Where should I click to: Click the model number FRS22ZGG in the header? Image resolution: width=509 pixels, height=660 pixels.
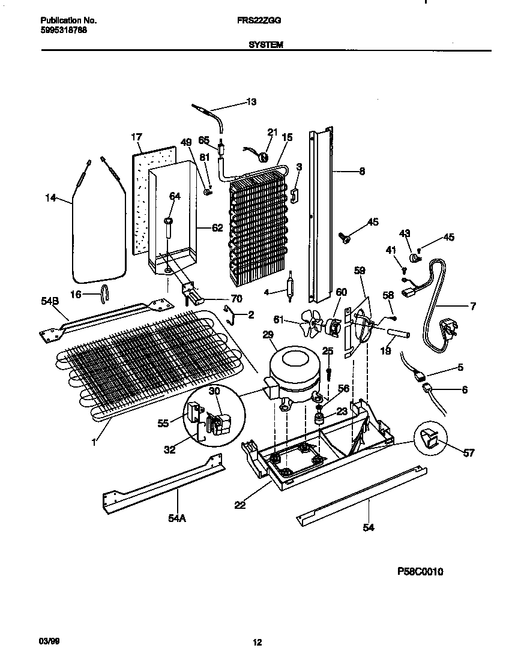(265, 20)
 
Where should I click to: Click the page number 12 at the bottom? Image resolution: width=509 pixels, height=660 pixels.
(257, 643)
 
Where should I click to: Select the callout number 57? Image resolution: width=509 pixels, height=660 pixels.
(468, 452)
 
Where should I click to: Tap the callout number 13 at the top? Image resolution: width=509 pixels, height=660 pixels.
(251, 102)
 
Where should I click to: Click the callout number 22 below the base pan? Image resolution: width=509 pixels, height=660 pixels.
(240, 505)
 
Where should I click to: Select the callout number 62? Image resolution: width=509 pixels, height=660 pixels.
(217, 227)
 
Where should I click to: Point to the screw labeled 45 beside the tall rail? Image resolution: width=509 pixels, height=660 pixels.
(346, 238)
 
